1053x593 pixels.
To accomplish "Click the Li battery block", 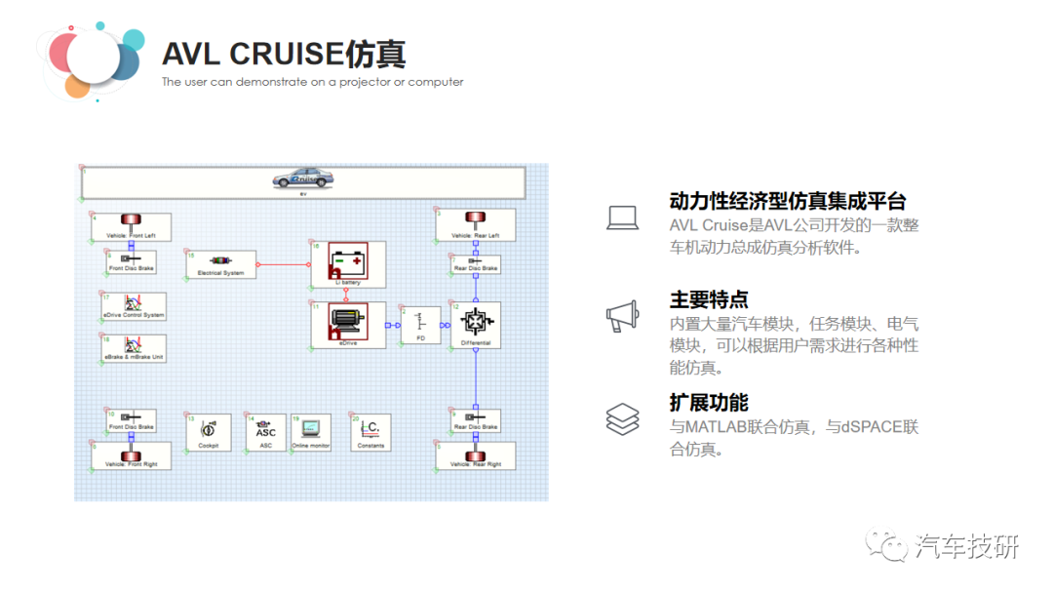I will [348, 264].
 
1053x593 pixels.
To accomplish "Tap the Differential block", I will [476, 324].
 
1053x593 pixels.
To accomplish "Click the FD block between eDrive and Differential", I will [421, 324].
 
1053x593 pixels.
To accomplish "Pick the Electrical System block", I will [220, 263].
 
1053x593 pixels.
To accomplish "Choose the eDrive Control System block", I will [134, 305].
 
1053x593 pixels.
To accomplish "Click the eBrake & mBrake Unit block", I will [134, 348].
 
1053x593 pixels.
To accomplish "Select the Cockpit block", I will [209, 432].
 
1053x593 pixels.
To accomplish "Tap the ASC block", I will [266, 432].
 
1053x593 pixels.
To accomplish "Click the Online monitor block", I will [311, 432].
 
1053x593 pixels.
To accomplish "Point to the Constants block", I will [370, 432].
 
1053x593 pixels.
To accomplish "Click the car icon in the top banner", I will [302, 179].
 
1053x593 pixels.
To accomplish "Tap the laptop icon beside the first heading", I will [623, 217].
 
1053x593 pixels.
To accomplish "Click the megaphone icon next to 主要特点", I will [623, 316].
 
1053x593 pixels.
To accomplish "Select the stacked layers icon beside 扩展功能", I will [623, 419].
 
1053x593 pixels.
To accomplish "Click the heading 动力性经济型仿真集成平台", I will [788, 202].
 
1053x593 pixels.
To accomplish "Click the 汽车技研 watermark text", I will [966, 547].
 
